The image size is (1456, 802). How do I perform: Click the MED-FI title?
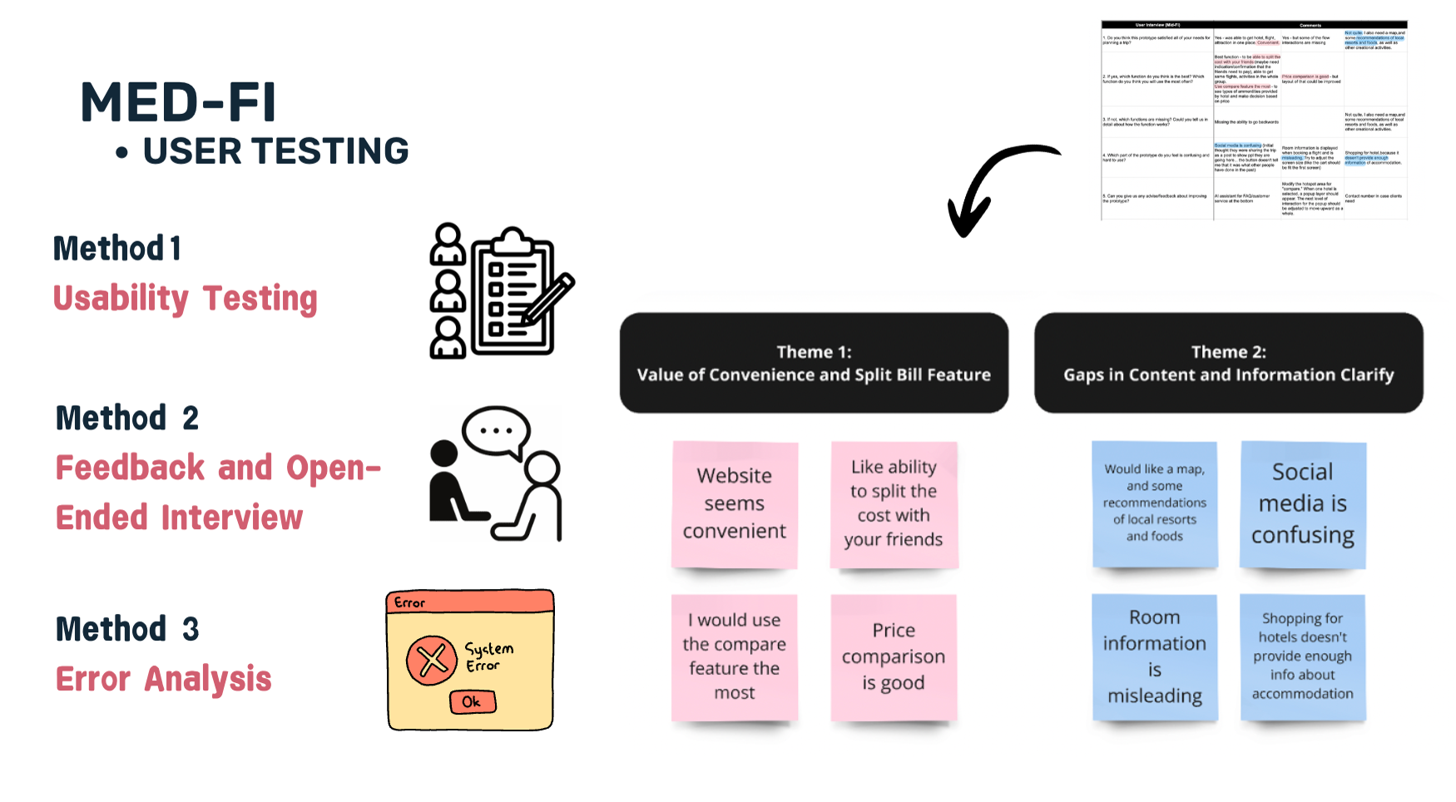coord(178,102)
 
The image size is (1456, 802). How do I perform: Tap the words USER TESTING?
coord(275,151)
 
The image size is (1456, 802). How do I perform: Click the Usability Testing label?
coord(185,299)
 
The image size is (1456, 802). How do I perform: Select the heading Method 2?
coord(127,418)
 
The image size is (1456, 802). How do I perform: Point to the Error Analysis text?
coord(164,679)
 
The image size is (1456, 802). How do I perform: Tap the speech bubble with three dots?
coord(496,431)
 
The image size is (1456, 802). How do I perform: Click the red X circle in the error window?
coord(432,661)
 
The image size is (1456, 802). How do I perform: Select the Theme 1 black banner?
coord(814,364)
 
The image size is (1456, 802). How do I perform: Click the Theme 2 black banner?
coord(1228,364)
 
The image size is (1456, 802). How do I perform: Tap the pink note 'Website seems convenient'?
coord(735,504)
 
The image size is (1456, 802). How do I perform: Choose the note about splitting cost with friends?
coord(894,504)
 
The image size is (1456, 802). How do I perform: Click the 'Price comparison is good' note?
coord(894,656)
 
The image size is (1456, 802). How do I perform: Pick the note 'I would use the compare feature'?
coord(735,656)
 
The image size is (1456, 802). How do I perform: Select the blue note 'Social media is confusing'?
coord(1303,504)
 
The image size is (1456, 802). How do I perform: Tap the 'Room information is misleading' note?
coord(1155,656)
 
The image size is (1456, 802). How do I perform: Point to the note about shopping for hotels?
coord(1303,656)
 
